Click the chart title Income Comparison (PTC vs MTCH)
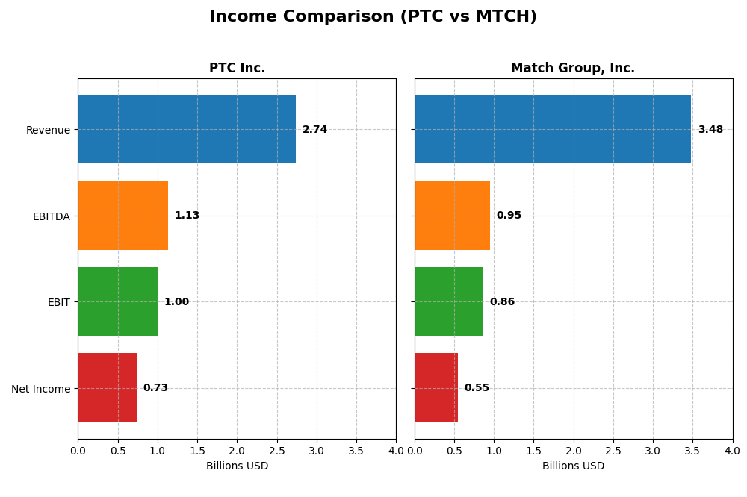373,16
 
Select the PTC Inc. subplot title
237,68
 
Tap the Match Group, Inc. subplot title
573,68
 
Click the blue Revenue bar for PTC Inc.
187,129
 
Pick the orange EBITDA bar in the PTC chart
123,216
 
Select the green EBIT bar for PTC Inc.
117,301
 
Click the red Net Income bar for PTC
107,388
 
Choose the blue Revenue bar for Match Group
553,129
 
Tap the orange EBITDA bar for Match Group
452,216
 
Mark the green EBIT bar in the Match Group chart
449,301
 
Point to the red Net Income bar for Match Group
436,388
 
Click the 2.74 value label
314,130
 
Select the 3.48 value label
710,130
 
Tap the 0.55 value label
477,388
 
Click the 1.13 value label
187,216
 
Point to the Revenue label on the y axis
48,130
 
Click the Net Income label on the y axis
40,389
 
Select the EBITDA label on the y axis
51,216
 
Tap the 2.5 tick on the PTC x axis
276,451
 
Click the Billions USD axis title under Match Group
573,466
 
